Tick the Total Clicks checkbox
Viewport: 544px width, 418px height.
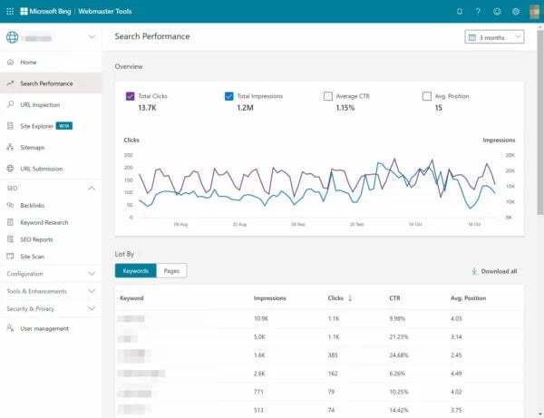click(x=131, y=95)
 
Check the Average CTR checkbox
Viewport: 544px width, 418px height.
click(x=328, y=95)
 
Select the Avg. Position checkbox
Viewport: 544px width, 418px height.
click(x=427, y=95)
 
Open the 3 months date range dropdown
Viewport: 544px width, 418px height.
click(x=494, y=37)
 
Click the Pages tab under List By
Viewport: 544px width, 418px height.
click(x=171, y=271)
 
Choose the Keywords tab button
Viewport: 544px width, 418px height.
click(x=135, y=271)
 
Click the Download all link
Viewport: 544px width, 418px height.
click(x=495, y=271)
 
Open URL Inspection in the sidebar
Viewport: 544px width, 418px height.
click(x=40, y=104)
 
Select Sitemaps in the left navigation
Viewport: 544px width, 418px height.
click(x=33, y=147)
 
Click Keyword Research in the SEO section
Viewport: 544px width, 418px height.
click(x=44, y=222)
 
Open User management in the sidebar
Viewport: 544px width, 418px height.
click(x=44, y=328)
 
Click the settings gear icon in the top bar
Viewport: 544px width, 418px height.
click(x=516, y=11)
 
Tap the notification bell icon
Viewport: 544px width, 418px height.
click(x=460, y=11)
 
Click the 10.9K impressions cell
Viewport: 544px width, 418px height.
click(x=262, y=318)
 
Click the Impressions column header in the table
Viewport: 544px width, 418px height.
click(x=271, y=297)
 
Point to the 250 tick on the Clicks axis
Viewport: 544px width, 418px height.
click(x=128, y=155)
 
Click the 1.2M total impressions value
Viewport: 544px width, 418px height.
click(x=246, y=108)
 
